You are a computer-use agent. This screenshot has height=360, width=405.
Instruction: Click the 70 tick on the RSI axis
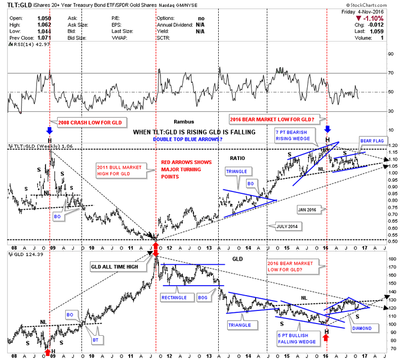coord(390,73)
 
